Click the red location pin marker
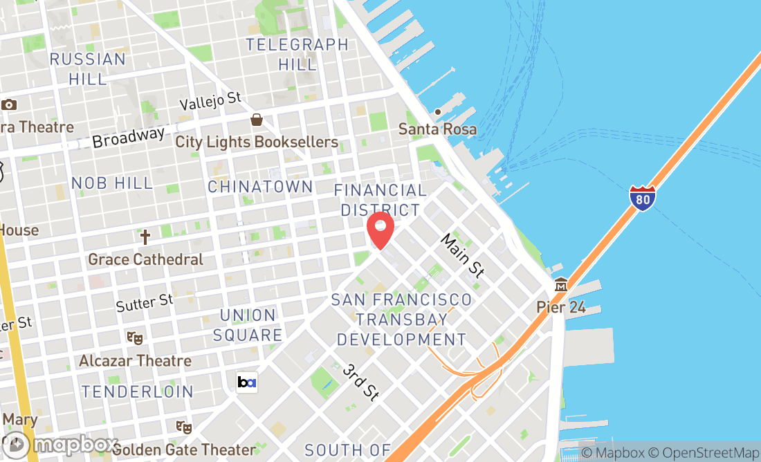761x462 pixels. point(380,230)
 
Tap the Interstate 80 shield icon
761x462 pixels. point(643,198)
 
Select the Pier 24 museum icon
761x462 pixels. point(561,285)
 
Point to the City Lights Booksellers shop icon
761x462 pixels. point(257,120)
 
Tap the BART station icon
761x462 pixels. point(247,382)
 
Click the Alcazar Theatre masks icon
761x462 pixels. point(135,338)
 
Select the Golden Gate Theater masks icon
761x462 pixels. point(183,427)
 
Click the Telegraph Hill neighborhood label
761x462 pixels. point(297,55)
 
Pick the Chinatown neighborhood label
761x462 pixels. point(260,187)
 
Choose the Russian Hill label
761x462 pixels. point(88,68)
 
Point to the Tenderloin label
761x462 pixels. point(137,391)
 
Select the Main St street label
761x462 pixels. point(462,255)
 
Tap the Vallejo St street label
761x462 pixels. point(210,102)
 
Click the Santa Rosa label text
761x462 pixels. point(437,129)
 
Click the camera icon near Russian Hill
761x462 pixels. point(9,105)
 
